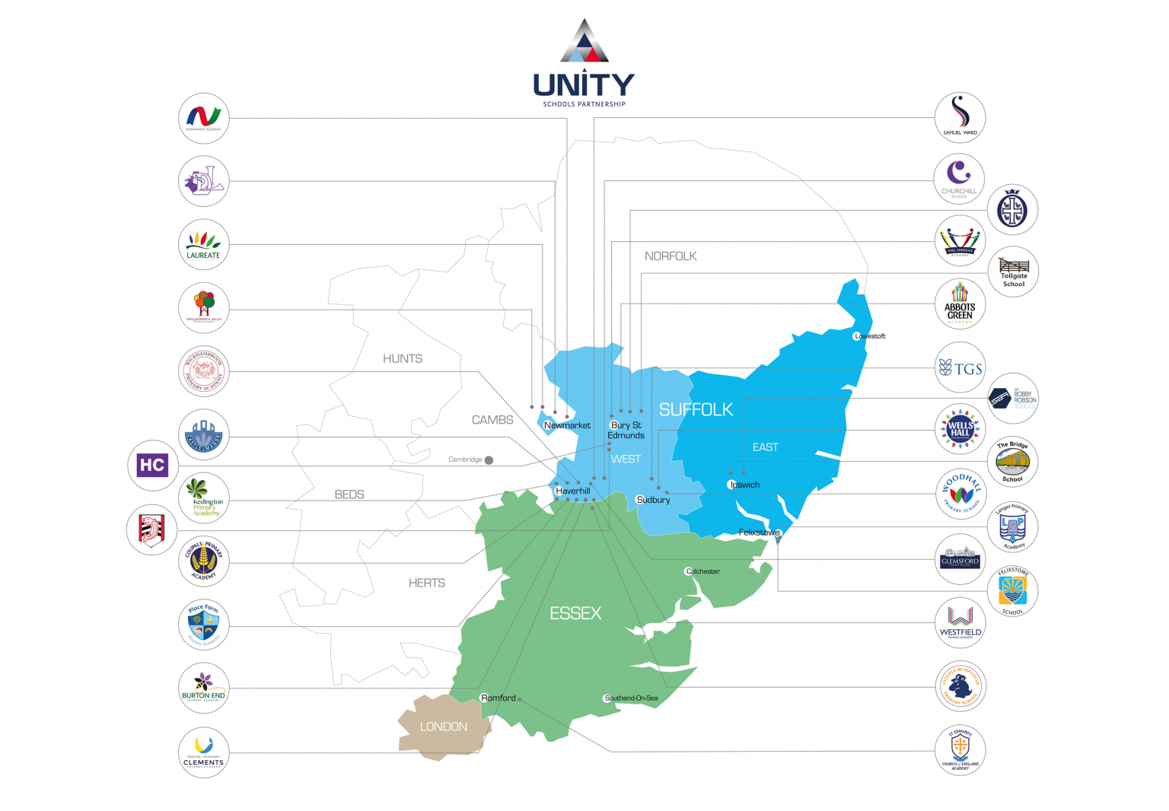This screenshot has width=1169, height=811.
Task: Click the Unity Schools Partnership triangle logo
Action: tap(584, 41)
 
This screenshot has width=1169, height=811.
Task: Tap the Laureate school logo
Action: tap(203, 244)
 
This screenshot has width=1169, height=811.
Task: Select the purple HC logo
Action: tap(151, 465)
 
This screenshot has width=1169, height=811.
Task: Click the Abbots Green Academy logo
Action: tap(960, 304)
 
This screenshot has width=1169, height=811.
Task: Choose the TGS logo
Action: tap(960, 369)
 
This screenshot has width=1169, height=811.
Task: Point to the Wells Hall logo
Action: tap(960, 429)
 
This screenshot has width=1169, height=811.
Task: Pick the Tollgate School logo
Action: tap(1013, 272)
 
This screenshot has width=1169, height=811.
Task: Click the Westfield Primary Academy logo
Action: tap(960, 623)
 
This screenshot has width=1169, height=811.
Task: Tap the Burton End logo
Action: tap(203, 688)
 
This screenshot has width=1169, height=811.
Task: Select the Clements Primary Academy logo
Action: tap(203, 752)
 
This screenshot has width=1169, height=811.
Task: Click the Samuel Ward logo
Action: tap(960, 118)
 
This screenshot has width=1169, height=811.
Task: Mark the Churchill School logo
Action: tap(959, 180)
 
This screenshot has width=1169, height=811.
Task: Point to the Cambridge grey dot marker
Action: tap(489, 460)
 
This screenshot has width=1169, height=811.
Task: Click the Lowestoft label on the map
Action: tap(870, 336)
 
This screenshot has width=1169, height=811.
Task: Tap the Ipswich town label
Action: tap(744, 485)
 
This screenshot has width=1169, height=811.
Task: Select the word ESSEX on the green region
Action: tap(575, 613)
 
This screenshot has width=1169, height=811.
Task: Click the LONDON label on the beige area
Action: tap(444, 727)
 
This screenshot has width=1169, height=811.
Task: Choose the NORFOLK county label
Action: tap(671, 256)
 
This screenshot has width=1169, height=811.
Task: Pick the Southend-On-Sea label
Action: tap(631, 698)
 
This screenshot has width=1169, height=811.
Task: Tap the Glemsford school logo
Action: tap(960, 559)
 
